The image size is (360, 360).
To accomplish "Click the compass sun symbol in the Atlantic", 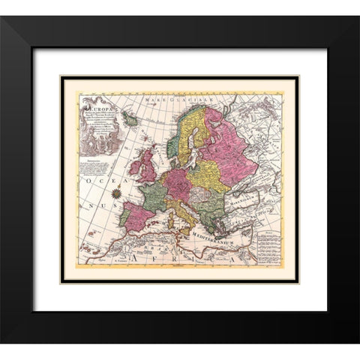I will [x=117, y=194].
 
